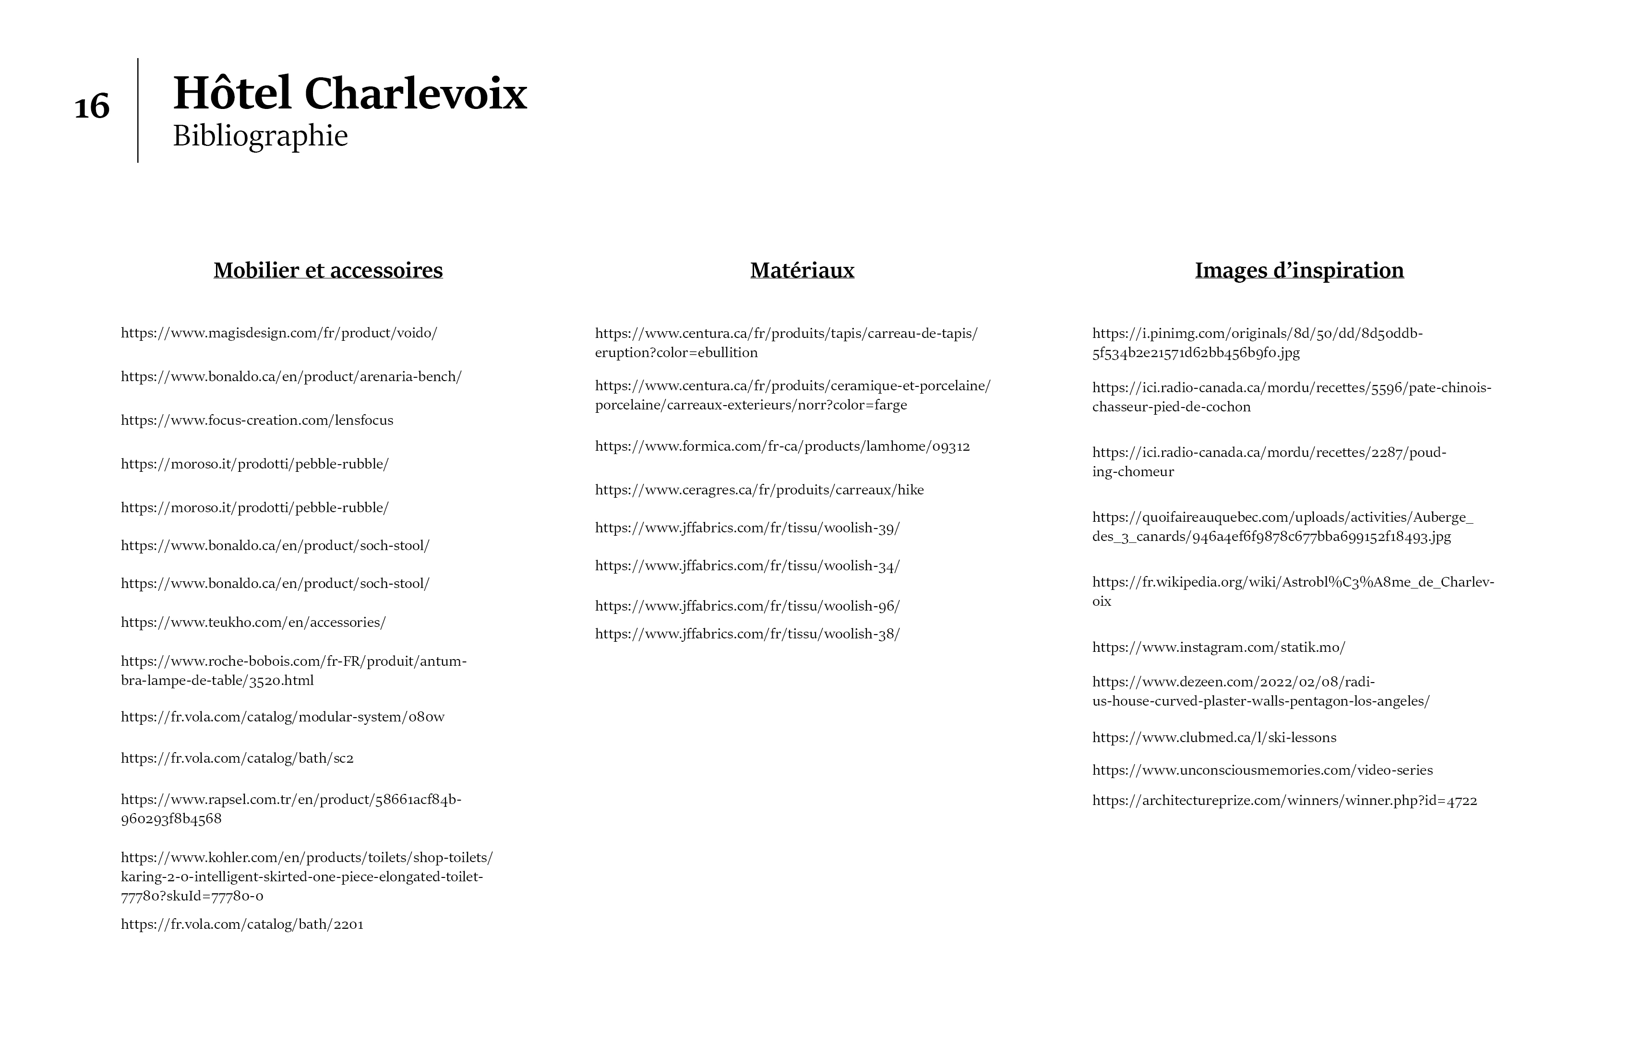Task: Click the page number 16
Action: tap(92, 107)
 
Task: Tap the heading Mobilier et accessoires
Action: tap(328, 270)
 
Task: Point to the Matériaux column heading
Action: tap(802, 270)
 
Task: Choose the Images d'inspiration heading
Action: tap(1299, 270)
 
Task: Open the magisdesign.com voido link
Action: tap(278, 333)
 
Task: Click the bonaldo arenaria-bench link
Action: tap(291, 376)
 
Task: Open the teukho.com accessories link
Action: tap(253, 623)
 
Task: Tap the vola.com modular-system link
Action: tap(283, 717)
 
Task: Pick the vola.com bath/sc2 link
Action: tap(237, 758)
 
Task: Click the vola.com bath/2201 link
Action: tap(242, 924)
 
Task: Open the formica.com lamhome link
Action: tap(782, 446)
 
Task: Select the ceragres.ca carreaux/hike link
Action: tap(759, 490)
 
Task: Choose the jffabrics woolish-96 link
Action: tap(747, 606)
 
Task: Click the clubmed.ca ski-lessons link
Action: tap(1214, 738)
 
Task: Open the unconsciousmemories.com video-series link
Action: tap(1262, 770)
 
